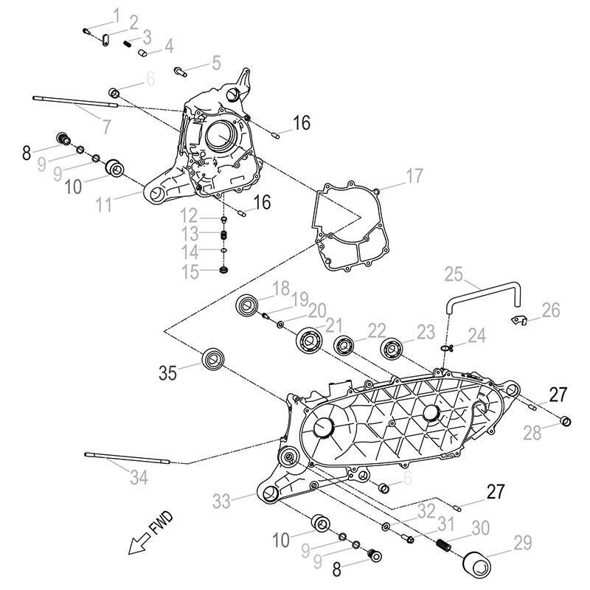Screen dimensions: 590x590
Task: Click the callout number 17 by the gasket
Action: [414, 176]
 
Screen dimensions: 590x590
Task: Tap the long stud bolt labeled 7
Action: [74, 102]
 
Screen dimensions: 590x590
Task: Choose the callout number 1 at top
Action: [115, 14]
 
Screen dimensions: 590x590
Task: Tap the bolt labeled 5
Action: [179, 71]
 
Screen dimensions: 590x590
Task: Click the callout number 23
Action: [424, 333]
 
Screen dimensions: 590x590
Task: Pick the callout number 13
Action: [190, 234]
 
